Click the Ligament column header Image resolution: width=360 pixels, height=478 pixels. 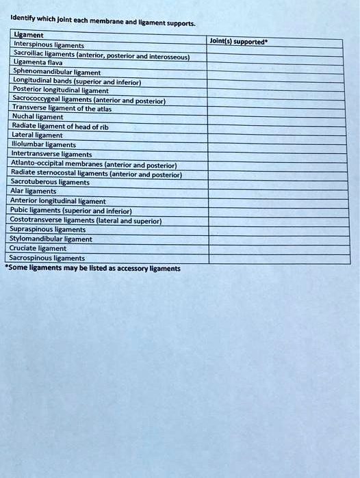click(29, 35)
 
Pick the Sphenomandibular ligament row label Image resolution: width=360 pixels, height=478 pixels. click(57, 72)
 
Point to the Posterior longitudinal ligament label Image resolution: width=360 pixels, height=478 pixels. click(61, 90)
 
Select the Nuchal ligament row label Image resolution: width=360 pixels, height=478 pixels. click(37, 117)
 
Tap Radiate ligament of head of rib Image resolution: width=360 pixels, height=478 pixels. click(60, 127)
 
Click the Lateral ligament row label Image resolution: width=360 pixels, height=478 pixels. click(37, 135)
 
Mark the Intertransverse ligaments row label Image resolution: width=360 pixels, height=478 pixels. click(51, 154)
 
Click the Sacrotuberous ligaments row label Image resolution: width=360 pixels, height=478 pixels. click(50, 183)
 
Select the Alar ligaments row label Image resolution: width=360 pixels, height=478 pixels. click(34, 192)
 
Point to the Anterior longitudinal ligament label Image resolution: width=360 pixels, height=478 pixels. click(58, 202)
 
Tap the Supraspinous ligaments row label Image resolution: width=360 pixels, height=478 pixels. click(47, 230)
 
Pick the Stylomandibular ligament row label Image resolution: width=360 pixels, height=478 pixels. click(51, 239)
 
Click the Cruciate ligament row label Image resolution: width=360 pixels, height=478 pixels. click(38, 249)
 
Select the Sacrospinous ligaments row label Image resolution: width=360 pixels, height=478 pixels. click(47, 258)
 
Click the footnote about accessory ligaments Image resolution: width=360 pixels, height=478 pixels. click(93, 269)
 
